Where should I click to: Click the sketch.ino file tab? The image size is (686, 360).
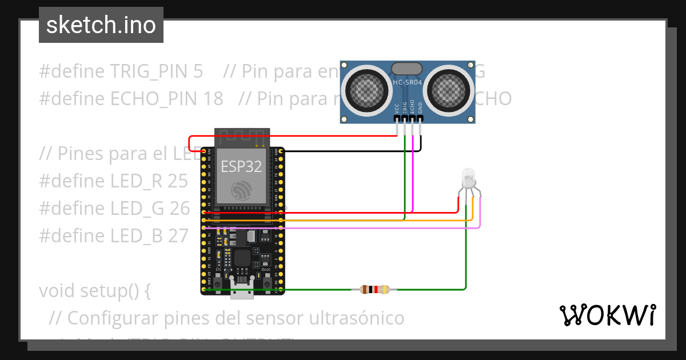(101, 25)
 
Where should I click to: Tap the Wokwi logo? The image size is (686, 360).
(607, 315)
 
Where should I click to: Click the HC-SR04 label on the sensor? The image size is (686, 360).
(408, 83)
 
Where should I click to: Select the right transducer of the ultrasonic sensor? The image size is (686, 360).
(449, 89)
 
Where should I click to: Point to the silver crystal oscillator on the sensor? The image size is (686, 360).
(408, 67)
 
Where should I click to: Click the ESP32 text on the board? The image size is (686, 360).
(241, 167)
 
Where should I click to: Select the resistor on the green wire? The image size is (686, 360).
(374, 290)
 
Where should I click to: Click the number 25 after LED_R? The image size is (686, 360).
(178, 181)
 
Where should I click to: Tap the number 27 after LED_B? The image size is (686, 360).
(178, 235)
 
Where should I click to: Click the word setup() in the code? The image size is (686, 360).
(113, 291)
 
